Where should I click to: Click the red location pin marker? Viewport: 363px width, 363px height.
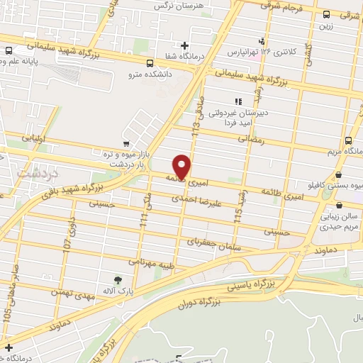(182, 166)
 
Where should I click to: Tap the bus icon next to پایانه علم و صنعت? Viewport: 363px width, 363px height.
(9, 50)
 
